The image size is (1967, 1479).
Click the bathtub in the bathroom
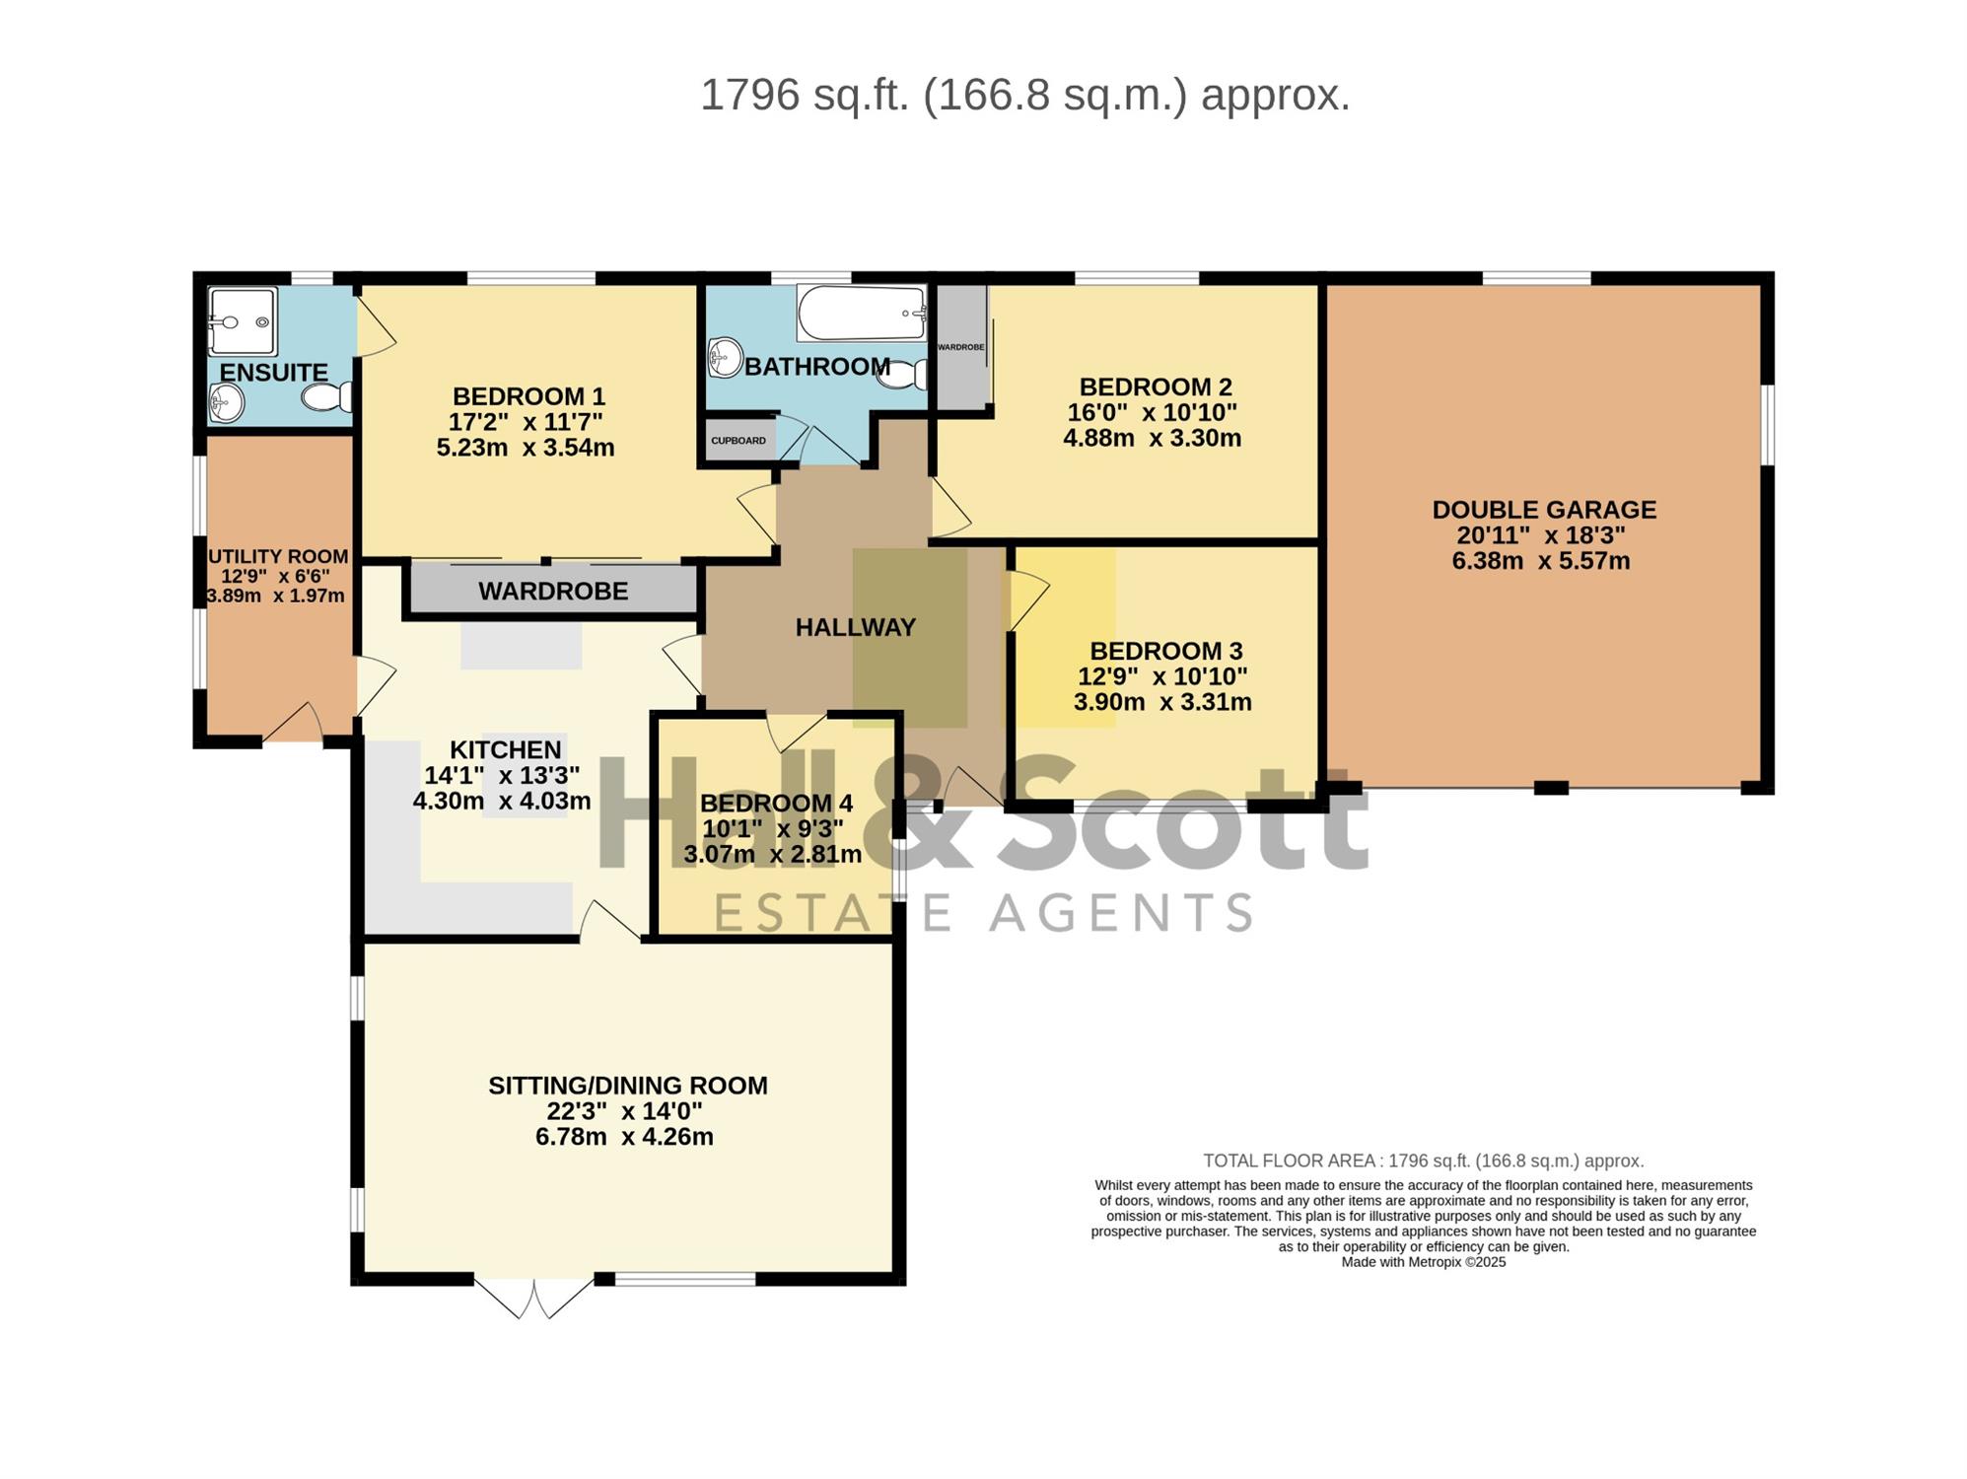(x=862, y=313)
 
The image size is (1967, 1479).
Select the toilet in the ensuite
(x=326, y=396)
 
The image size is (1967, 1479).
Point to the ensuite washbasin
(x=227, y=403)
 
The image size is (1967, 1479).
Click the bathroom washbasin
(x=725, y=357)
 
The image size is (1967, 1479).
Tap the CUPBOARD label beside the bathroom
(x=738, y=441)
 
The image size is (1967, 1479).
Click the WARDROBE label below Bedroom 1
(x=553, y=591)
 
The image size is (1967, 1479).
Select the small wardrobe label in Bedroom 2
(x=960, y=347)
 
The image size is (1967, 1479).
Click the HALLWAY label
(x=856, y=627)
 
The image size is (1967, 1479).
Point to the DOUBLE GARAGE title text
(x=1544, y=510)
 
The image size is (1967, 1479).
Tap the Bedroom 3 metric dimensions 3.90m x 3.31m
(x=1162, y=702)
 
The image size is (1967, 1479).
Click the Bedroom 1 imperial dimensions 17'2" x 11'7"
(x=526, y=422)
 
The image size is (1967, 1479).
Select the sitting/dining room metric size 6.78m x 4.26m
(x=624, y=1137)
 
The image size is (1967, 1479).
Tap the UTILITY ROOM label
(x=278, y=557)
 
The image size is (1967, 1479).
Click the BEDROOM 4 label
(x=776, y=804)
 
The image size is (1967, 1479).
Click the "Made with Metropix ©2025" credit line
(x=1423, y=1262)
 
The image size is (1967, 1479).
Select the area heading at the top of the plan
(x=1024, y=96)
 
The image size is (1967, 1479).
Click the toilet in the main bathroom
(x=902, y=373)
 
